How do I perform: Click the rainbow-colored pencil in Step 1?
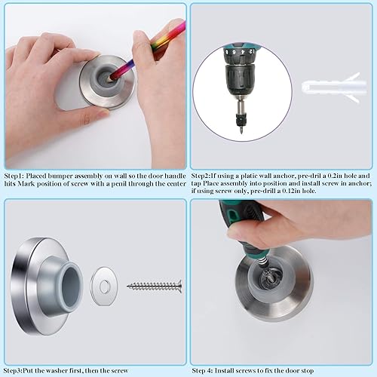147,53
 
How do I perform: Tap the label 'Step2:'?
204,171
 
